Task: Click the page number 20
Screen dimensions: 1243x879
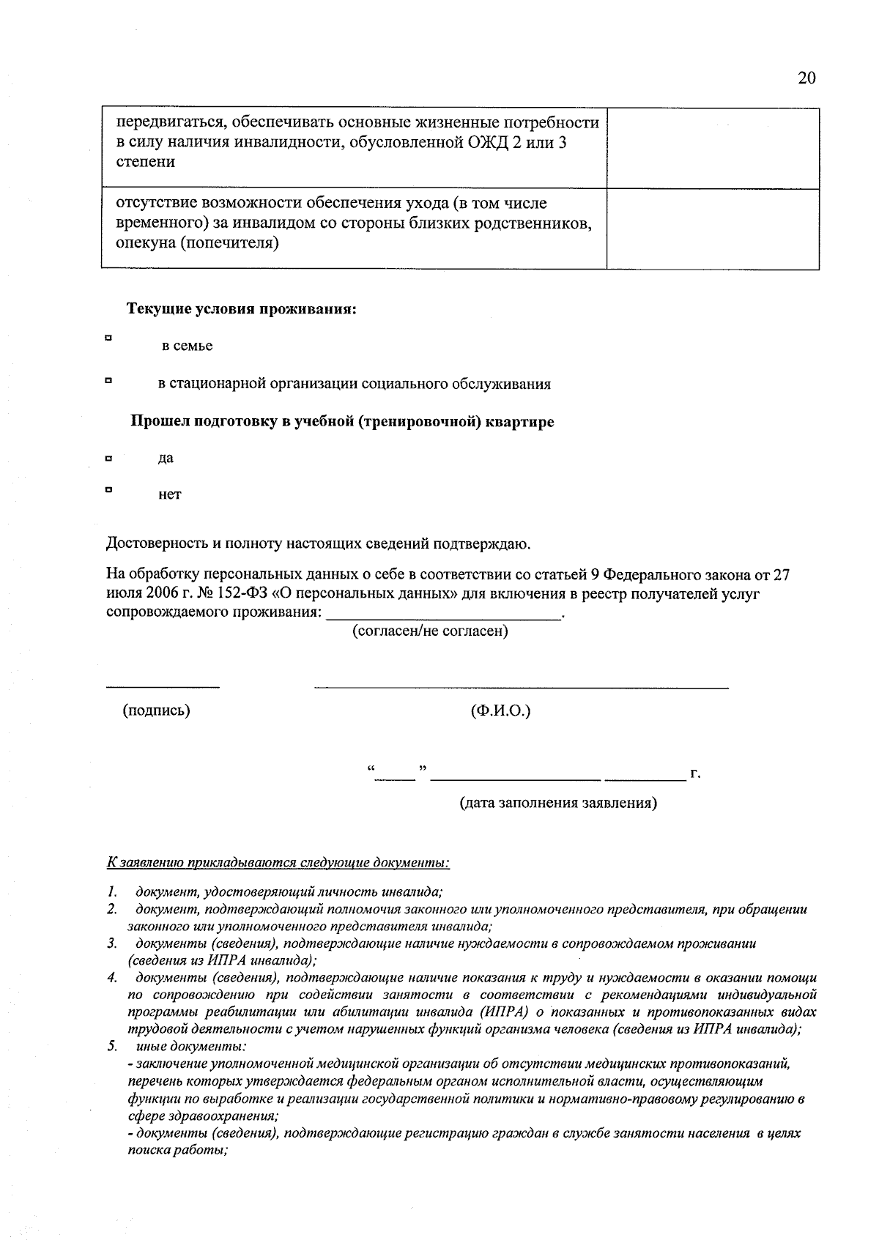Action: pos(806,78)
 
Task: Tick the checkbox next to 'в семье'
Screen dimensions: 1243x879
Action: pos(108,338)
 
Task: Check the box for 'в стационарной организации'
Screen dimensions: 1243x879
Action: pos(108,380)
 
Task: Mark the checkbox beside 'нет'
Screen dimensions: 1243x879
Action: pos(108,490)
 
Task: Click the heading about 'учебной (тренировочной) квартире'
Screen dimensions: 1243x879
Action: pos(342,422)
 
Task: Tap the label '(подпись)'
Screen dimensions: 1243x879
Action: pos(156,710)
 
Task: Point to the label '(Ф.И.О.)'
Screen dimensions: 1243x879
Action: pos(500,710)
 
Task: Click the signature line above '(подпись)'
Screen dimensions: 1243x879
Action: pos(163,686)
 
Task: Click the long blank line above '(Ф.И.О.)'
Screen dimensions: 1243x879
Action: pos(521,686)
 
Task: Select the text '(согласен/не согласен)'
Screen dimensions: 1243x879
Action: pos(430,631)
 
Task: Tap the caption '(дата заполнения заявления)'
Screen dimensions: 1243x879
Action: pos(558,803)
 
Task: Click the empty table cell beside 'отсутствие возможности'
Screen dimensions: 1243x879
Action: pos(712,229)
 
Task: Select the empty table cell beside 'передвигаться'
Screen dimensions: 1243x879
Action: pos(712,148)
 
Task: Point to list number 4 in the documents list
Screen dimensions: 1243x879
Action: pos(111,978)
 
